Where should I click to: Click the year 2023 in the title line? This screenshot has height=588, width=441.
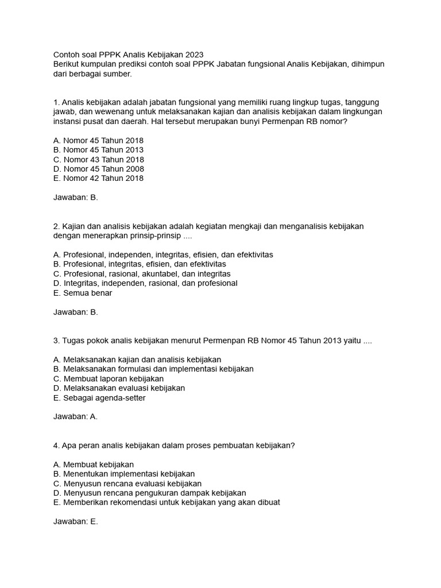tap(194, 55)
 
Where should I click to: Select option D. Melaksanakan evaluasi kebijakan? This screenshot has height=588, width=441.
tap(119, 388)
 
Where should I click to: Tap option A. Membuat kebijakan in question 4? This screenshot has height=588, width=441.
tap(94, 464)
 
